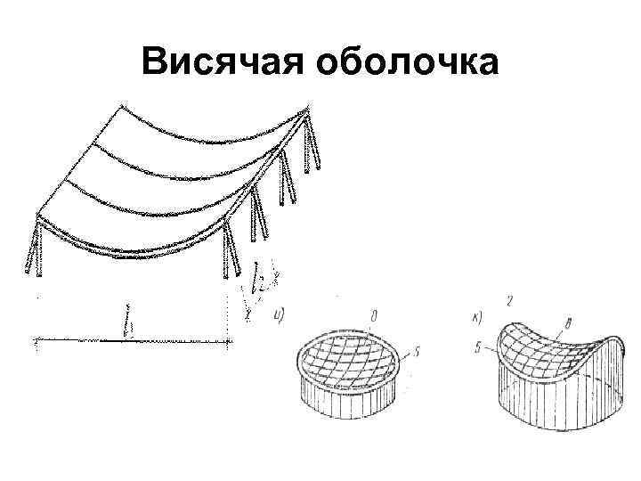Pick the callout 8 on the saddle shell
pos(568,322)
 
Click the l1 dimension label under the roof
pos(131,324)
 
